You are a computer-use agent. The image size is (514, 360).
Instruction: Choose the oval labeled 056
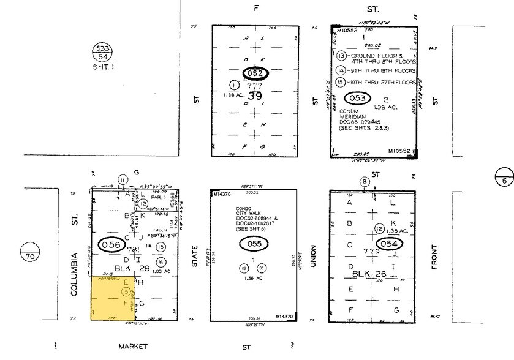(x=111, y=244)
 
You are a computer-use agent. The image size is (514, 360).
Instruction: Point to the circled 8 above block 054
(x=365, y=181)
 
